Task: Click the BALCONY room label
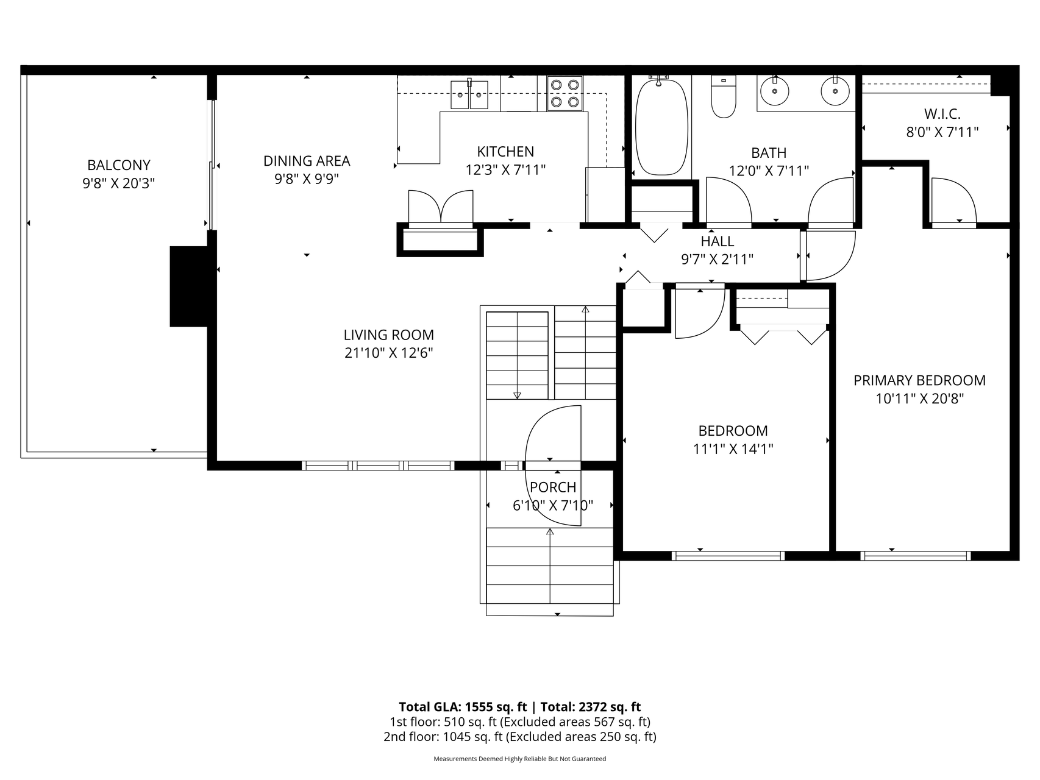point(119,165)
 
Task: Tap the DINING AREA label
point(307,161)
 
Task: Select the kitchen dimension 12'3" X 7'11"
point(505,170)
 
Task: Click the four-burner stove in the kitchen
point(565,93)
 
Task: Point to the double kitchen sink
point(469,94)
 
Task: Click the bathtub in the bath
point(662,127)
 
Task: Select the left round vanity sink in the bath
point(774,92)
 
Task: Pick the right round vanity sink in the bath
point(835,92)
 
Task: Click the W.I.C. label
point(942,114)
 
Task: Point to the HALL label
point(717,241)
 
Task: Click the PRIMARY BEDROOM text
point(919,380)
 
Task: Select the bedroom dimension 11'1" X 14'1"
point(733,449)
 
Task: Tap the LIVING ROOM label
point(389,335)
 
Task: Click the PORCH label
point(553,487)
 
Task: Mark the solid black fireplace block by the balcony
point(189,286)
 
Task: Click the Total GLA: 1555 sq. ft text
point(463,707)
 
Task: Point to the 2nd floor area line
point(519,737)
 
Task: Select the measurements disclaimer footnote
point(519,759)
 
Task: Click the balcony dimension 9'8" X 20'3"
point(119,183)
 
